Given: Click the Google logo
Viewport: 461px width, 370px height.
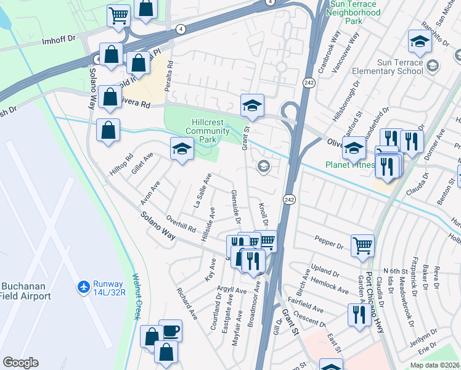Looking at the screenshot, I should tap(20, 363).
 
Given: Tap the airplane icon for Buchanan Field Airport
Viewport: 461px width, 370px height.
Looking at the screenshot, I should tap(84, 287).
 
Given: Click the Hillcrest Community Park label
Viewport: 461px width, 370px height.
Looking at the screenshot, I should tap(202, 131).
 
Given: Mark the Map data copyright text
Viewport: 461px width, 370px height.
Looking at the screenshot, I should tap(434, 365).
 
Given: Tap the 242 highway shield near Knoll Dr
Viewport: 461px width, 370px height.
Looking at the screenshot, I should tap(289, 199).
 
